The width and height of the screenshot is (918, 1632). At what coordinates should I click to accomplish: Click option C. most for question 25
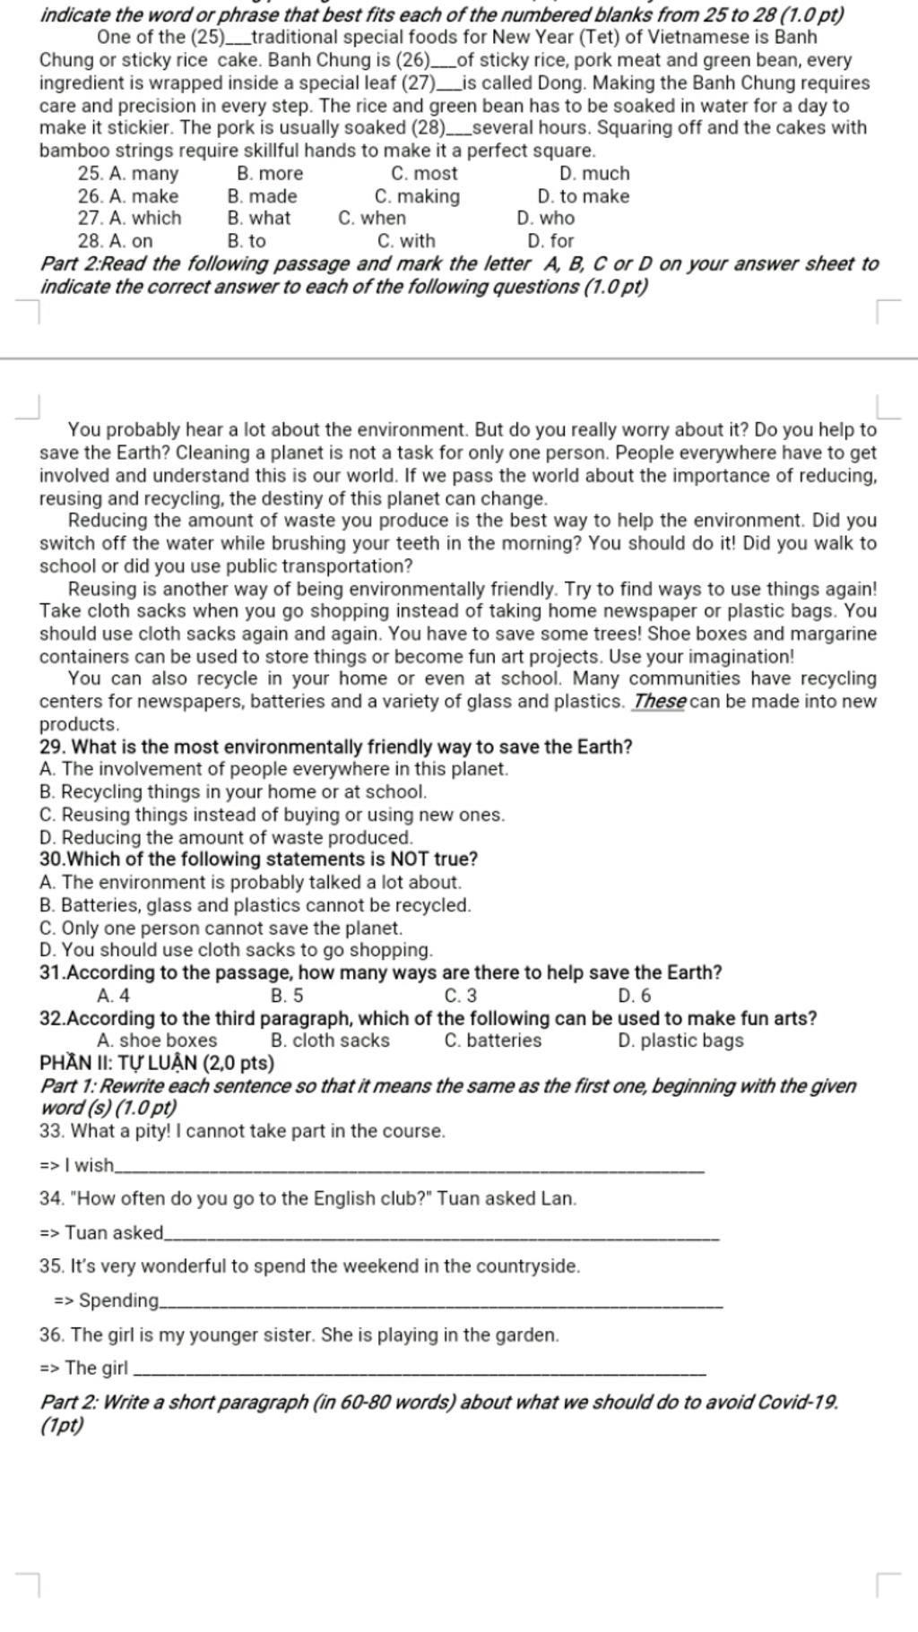click(x=424, y=174)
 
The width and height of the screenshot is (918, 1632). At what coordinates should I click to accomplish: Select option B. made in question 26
click(x=262, y=196)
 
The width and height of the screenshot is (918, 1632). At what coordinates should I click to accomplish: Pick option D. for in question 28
click(x=550, y=241)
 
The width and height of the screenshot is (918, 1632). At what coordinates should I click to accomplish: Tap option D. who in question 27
click(x=545, y=218)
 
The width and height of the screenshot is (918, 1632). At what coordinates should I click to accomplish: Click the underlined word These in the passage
click(x=659, y=702)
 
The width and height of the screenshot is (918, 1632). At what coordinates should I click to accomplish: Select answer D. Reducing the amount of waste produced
click(x=226, y=838)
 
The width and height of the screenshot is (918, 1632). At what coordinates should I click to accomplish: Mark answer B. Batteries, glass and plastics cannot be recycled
click(x=255, y=905)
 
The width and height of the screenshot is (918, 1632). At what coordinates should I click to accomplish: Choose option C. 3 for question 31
click(x=461, y=996)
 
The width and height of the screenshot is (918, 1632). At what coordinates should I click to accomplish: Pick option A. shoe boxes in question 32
click(x=157, y=1041)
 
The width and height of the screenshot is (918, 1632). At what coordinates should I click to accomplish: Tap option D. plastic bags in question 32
click(x=680, y=1041)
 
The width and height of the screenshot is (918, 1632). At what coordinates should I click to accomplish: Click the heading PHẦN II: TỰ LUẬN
click(x=157, y=1064)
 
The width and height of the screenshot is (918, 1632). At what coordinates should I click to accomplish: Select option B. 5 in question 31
click(x=287, y=996)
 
